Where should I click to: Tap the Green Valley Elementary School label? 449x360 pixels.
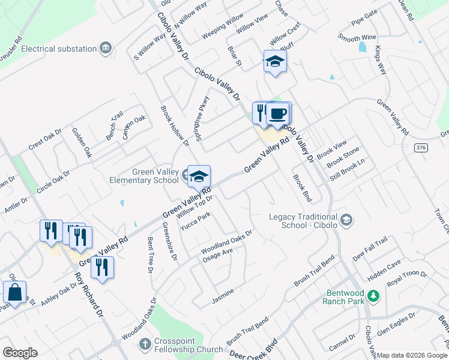(144, 176)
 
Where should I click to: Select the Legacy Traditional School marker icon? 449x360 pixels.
(346, 220)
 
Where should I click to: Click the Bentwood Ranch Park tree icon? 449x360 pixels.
(373, 296)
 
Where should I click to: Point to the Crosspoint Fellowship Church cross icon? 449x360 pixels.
(145, 344)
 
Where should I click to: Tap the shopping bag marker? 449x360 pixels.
(14, 293)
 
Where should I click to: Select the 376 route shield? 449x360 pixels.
(421, 147)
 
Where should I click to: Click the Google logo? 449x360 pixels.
(20, 353)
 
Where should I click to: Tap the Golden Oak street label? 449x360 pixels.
(82, 142)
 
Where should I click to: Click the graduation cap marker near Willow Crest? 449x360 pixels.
(275, 61)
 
